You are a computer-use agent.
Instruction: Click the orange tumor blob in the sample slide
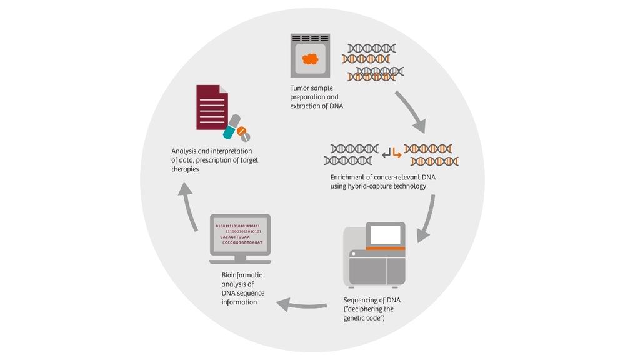(x=311, y=59)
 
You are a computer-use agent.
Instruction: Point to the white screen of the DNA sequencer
(x=386, y=234)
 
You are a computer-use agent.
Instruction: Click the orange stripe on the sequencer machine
(x=385, y=248)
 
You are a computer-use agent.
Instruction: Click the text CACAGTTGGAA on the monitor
(x=235, y=237)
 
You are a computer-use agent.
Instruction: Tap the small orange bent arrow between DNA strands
(x=397, y=152)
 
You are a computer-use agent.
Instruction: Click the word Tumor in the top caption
(x=300, y=88)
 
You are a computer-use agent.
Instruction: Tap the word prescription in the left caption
(x=212, y=160)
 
